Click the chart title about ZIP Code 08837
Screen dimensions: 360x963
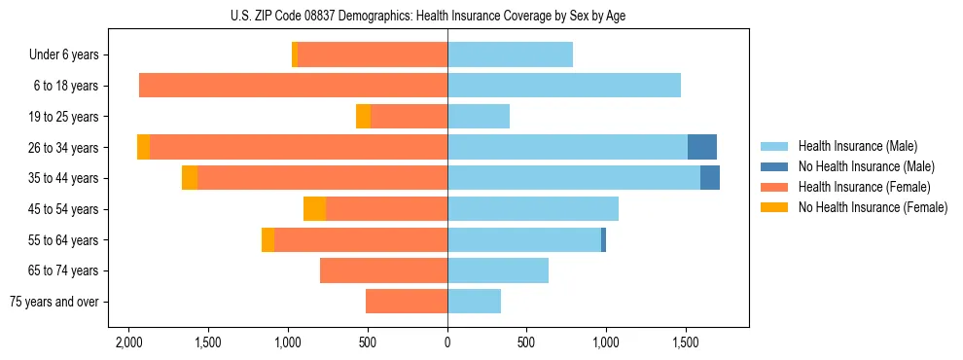(446, 16)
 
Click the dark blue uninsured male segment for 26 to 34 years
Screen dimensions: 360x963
(701, 147)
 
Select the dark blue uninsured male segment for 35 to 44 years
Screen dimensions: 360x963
(709, 178)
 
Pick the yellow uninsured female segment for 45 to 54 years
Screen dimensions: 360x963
(314, 209)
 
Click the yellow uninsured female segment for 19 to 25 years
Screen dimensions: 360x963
(363, 117)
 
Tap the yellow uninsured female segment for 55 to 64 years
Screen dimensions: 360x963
(267, 240)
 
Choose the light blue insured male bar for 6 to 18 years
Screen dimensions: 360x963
(564, 86)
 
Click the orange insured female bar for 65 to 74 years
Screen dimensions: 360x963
(383, 270)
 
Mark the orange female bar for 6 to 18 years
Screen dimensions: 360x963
(293, 86)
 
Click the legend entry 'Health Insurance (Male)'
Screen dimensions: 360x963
(857, 146)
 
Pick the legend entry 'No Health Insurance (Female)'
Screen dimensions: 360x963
(873, 207)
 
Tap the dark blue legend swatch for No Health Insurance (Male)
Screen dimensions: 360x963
(774, 166)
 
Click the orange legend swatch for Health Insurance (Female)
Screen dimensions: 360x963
(774, 187)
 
